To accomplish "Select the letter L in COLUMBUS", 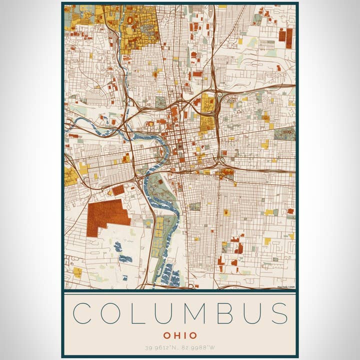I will pyautogui.click(x=136, y=313).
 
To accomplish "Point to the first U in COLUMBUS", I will pyautogui.click(x=162, y=313).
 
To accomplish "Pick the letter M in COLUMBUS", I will pyautogui.click(x=194, y=313).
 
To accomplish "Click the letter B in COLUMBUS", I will pyautogui.click(x=224, y=313).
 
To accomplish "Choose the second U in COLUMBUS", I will pyautogui.click(x=251, y=313).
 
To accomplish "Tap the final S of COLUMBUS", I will pyautogui.click(x=279, y=313).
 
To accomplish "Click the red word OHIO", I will pyautogui.click(x=180, y=335).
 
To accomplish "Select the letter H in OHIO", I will pyautogui.click(x=177, y=335).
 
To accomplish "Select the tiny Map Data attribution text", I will pyautogui.click(x=286, y=287).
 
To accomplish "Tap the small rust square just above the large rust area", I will pyautogui.click(x=118, y=190).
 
